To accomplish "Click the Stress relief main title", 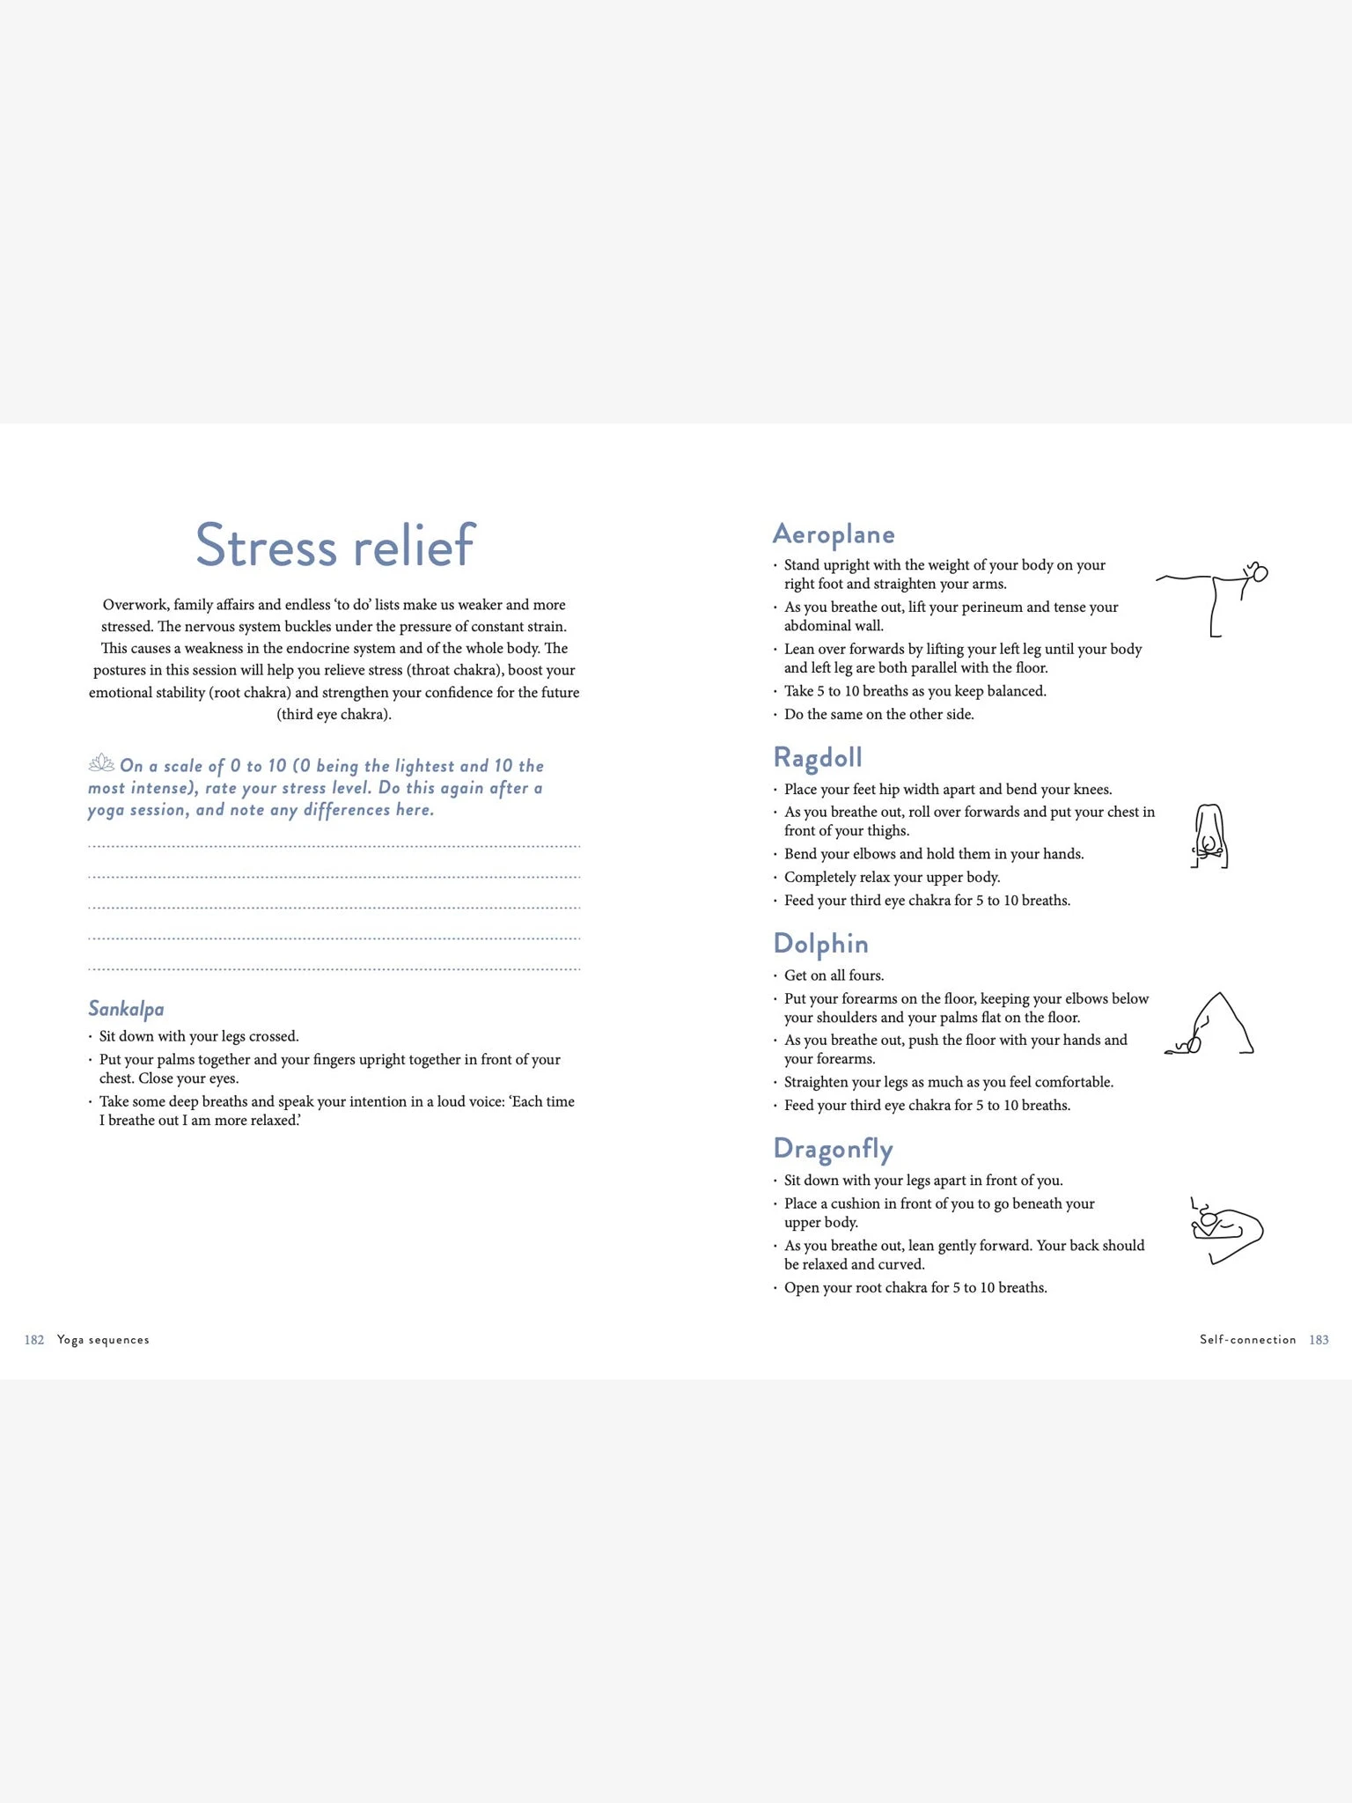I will coord(334,546).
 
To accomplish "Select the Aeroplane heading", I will coord(834,534).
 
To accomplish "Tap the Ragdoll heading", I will coord(818,758).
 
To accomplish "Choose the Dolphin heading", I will coord(820,944).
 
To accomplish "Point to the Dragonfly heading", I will coord(833,1149).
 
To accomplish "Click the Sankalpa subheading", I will coord(126,1009).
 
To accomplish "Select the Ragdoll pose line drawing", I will coord(1209,836).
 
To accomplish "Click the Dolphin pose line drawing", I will coord(1209,1025).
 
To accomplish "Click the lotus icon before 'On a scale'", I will coord(101,763).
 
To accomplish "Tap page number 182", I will coord(34,1340).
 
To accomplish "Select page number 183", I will coord(1319,1340).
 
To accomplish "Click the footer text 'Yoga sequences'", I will coord(103,1340).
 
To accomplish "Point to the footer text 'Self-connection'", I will coord(1247,1340).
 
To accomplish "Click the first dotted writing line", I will coord(334,847).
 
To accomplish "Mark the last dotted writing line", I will coord(334,969).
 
